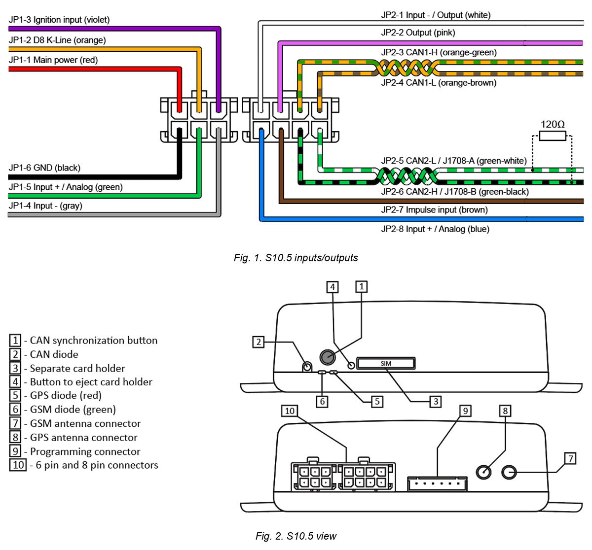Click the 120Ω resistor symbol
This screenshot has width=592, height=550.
click(x=552, y=136)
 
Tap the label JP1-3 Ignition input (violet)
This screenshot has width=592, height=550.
click(x=59, y=20)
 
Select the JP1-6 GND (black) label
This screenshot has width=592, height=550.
click(x=44, y=168)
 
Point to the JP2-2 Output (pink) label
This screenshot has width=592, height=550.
click(x=418, y=33)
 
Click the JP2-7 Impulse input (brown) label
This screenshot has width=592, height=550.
click(x=434, y=210)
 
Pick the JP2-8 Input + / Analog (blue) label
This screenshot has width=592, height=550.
click(x=435, y=229)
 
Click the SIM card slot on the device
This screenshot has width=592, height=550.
click(x=386, y=364)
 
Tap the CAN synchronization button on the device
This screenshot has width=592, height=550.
click(x=327, y=356)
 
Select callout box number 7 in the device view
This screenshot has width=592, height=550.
click(x=570, y=458)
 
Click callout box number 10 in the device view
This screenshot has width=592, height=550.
click(x=290, y=411)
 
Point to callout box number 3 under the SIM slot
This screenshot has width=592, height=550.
click(x=435, y=402)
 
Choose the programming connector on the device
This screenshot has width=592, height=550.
click(x=437, y=483)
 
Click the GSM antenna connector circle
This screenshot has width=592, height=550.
click(x=509, y=472)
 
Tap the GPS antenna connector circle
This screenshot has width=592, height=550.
click(x=484, y=472)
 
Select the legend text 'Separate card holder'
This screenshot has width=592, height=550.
click(x=77, y=368)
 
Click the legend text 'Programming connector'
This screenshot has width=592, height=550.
click(x=85, y=451)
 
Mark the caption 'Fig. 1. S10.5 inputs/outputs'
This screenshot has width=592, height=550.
click(x=296, y=258)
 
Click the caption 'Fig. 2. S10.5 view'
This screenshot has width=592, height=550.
click(x=296, y=536)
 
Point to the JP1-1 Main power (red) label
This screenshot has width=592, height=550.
click(x=53, y=60)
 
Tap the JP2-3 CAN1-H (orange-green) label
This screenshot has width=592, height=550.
click(x=439, y=52)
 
